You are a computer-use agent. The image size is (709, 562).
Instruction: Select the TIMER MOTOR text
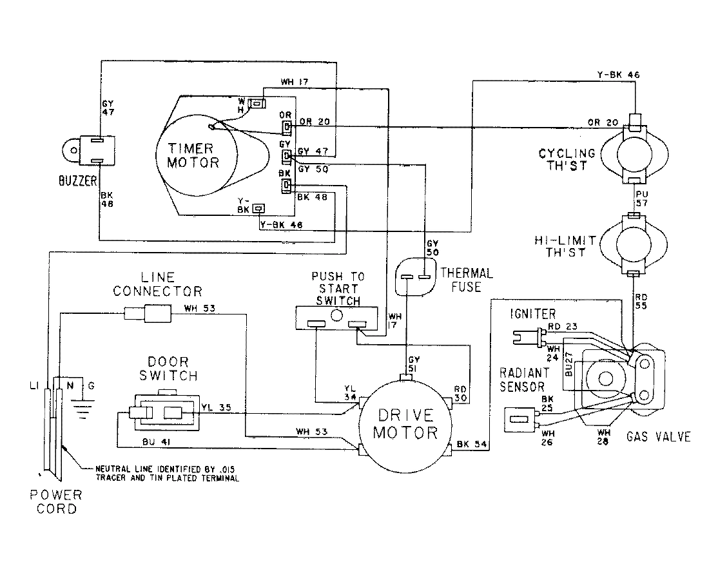pos(193,154)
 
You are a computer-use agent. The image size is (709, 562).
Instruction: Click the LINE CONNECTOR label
pos(157,284)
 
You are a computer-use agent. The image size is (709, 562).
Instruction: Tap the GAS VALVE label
pos(658,437)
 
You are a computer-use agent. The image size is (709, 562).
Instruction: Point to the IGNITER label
pos(532,313)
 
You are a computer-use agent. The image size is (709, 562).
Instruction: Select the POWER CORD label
pos(57,501)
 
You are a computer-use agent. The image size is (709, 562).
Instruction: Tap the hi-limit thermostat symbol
pos(636,244)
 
